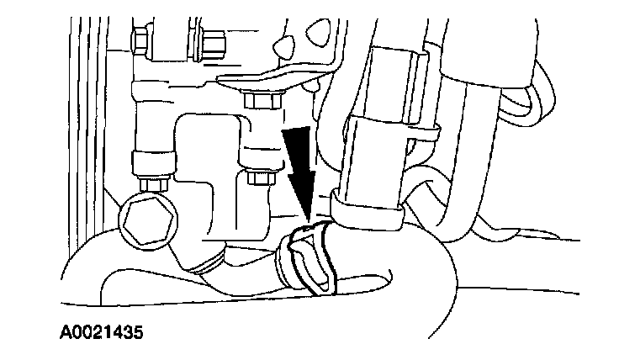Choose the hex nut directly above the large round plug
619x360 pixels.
[153, 181]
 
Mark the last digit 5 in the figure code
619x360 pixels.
[136, 331]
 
